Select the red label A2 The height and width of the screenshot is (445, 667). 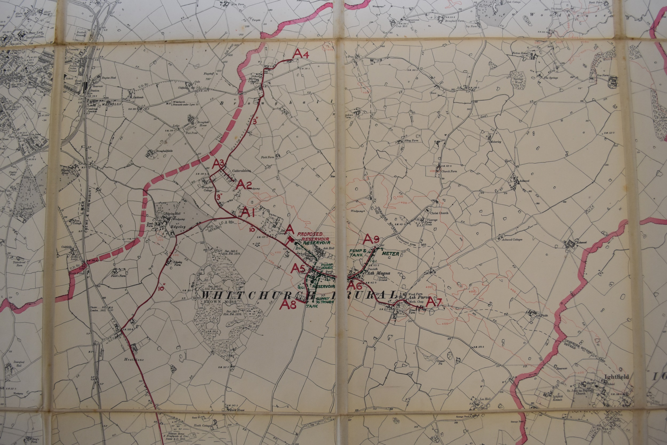pyautogui.click(x=244, y=185)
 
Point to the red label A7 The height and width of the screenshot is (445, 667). pyautogui.click(x=434, y=302)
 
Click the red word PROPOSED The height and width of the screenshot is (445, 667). pyautogui.click(x=309, y=235)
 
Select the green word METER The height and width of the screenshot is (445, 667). pyautogui.click(x=390, y=253)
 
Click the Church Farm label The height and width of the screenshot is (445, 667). pyautogui.click(x=449, y=171)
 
